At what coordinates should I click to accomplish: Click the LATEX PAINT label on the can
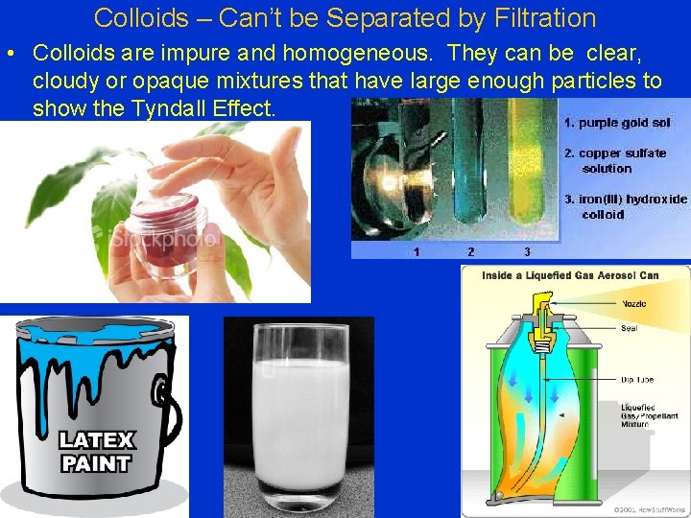pos(97,452)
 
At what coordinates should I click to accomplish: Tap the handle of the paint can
pos(171,403)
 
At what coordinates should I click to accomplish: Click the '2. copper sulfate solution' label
pos(614,160)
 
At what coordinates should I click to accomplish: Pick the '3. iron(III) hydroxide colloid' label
pos(625,206)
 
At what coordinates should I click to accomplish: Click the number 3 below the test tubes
pos(527,251)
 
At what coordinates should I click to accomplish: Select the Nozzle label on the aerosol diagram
pos(634,303)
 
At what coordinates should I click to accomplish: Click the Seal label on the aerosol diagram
pos(630,328)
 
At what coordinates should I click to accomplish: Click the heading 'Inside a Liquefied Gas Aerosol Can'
pos(570,275)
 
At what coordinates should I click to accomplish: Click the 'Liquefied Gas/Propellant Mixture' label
pos(648,415)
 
